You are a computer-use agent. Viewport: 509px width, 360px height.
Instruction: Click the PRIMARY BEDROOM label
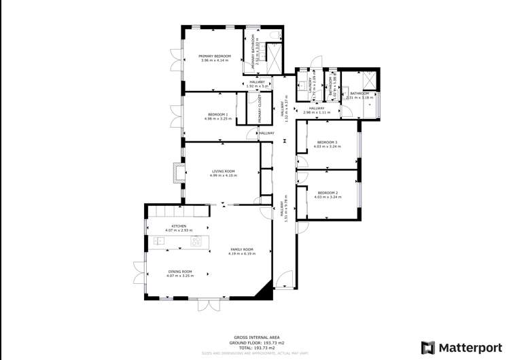click(215, 56)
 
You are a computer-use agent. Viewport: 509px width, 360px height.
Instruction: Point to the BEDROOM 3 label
click(327, 142)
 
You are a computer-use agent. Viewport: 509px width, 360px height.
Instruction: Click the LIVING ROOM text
click(223, 171)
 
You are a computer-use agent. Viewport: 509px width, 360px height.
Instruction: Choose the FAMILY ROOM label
click(241, 249)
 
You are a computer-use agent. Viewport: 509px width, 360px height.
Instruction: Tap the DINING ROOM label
click(180, 272)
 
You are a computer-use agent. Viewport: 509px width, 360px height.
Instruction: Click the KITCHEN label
click(179, 226)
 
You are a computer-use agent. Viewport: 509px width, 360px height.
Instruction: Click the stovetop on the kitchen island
click(196, 241)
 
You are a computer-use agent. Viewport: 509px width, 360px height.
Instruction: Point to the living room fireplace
click(178, 173)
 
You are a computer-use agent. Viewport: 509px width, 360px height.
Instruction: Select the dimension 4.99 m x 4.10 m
click(223, 176)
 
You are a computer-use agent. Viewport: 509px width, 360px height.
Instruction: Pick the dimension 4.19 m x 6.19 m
click(241, 254)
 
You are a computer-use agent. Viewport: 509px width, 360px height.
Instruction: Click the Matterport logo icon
click(428, 347)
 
